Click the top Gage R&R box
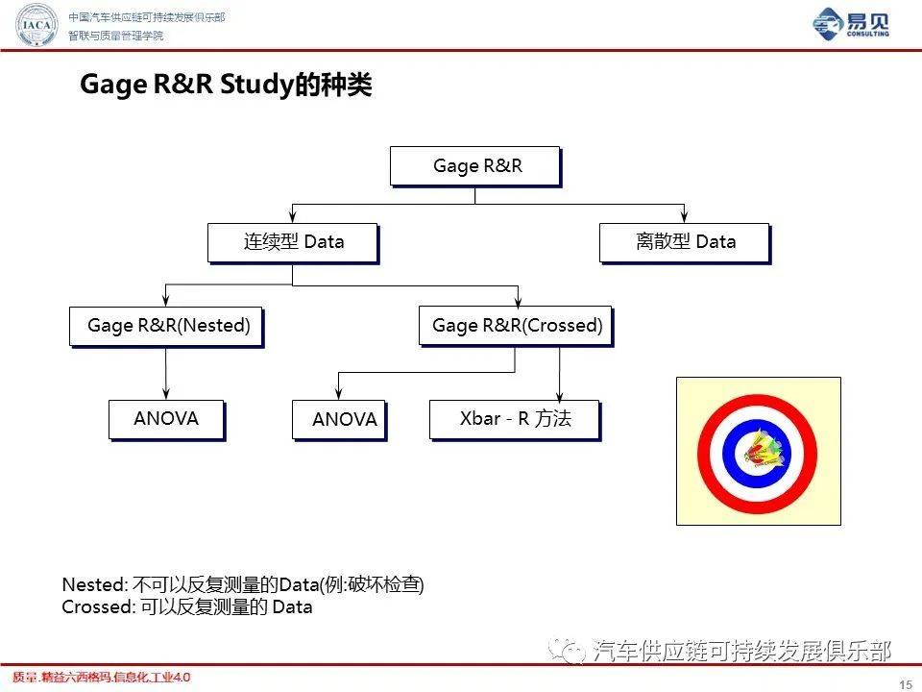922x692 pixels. point(474,166)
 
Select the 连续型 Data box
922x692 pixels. point(292,242)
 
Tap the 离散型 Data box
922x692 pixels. point(684,242)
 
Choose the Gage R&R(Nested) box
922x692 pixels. point(166,326)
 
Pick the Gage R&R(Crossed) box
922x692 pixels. point(516,326)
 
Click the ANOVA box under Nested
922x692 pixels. point(166,419)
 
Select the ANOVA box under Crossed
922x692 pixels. point(338,420)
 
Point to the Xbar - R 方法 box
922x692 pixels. point(514,419)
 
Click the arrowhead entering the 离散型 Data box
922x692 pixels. point(684,218)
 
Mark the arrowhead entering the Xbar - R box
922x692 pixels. point(559,395)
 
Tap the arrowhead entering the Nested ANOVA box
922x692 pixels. point(166,394)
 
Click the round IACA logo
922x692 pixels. point(37,26)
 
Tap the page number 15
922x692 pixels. point(904,683)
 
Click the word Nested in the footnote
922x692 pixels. point(92,584)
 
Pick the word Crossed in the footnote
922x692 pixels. point(96,606)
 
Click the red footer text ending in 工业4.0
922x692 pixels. point(101,678)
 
